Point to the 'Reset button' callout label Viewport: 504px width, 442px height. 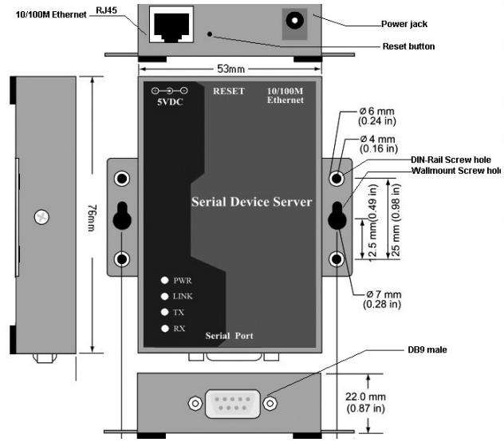click(408, 46)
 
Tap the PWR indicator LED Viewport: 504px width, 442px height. click(164, 280)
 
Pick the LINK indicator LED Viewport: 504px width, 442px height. click(164, 296)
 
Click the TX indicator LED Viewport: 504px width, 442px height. click(164, 312)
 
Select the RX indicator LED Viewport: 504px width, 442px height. click(164, 328)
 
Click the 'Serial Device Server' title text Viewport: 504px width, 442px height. click(251, 202)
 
